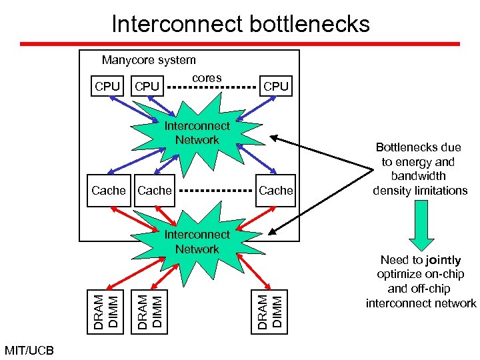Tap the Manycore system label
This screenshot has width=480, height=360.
click(149, 60)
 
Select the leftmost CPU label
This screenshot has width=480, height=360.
click(107, 86)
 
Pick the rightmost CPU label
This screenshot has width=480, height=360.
click(276, 86)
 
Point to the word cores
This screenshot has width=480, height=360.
click(207, 78)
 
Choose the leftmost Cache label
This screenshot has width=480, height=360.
click(109, 191)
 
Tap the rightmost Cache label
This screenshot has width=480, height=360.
click(276, 191)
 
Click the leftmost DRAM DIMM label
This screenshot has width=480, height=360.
click(107, 307)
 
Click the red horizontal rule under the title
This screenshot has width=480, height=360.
click(240, 44)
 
